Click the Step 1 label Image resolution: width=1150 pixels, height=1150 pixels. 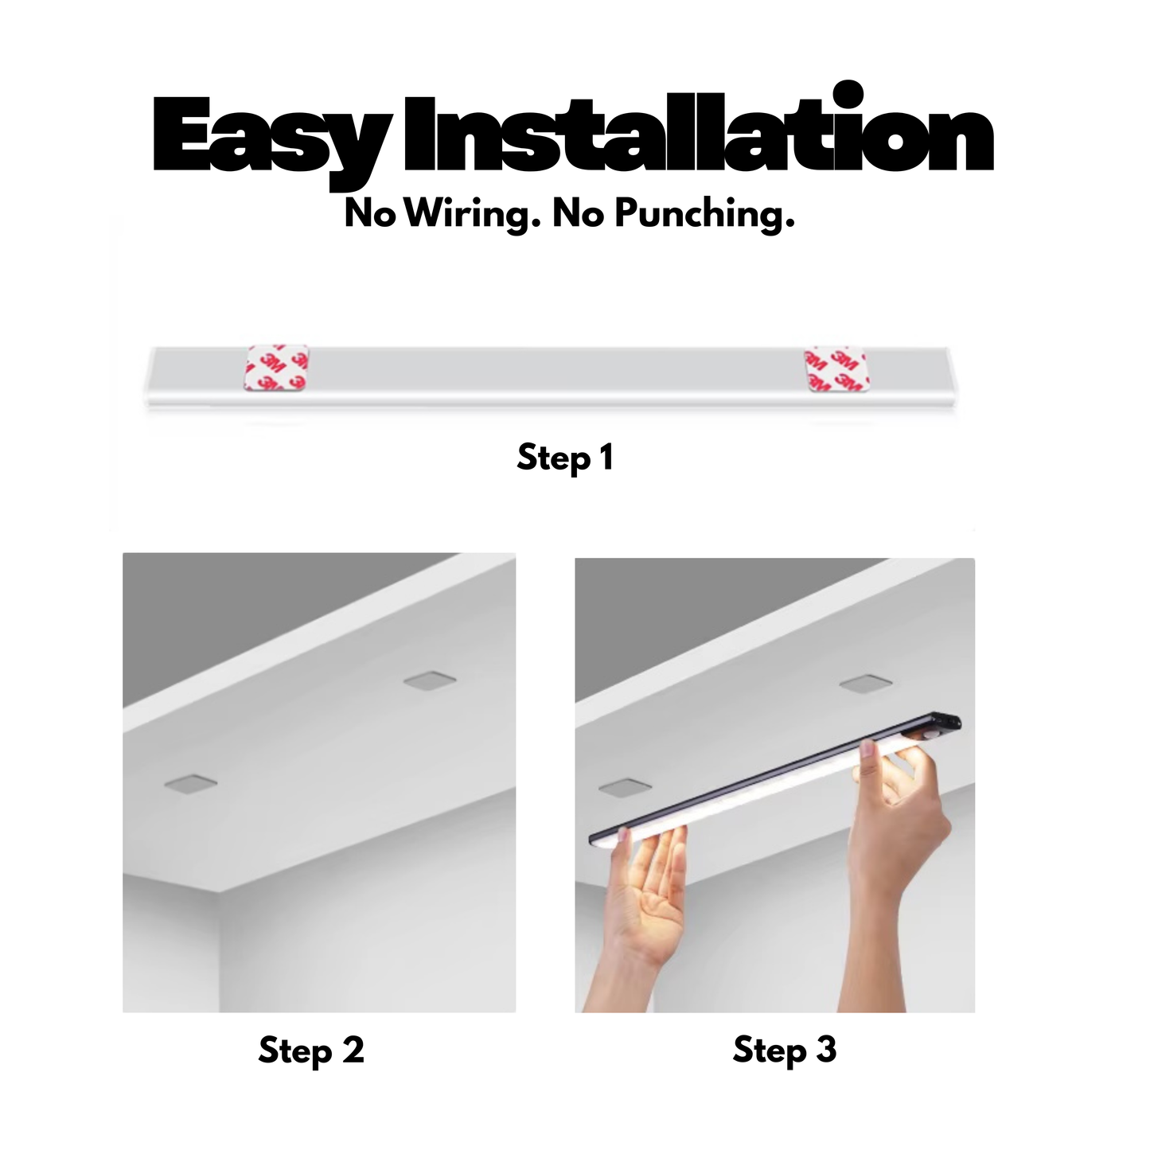point(565,458)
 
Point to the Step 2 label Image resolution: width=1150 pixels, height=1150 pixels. point(311,1051)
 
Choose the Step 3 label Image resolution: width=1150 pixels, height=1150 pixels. point(785,1051)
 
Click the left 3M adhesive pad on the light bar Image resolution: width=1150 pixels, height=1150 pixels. point(278,368)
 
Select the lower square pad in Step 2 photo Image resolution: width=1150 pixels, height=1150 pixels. point(191,785)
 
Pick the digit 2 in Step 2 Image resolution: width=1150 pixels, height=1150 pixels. point(353,1051)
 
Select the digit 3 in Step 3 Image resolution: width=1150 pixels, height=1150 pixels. point(826,1051)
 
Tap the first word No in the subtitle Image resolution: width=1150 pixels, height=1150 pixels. point(370,214)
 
